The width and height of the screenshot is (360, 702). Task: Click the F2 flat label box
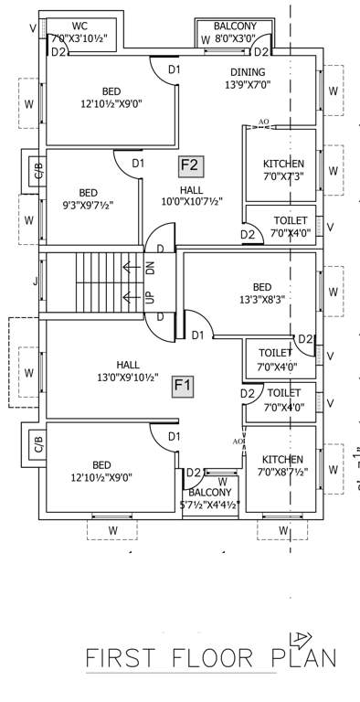tap(191, 165)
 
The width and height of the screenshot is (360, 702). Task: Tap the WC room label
tap(79, 27)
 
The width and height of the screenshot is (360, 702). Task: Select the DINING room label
tap(248, 72)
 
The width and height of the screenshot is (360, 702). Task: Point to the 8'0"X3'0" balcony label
tap(235, 39)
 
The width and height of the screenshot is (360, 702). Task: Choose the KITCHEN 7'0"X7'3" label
tap(282, 169)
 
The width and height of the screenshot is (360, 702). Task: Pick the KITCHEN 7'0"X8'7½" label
tap(282, 465)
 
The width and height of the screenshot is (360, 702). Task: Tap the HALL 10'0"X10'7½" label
tap(192, 194)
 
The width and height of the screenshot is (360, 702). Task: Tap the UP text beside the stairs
tap(151, 296)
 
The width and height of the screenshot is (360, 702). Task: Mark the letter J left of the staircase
tap(36, 282)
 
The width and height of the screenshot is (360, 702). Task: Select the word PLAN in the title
tap(302, 656)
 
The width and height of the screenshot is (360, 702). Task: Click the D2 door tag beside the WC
tap(58, 52)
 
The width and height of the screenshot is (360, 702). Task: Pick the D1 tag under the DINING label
tap(173, 69)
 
